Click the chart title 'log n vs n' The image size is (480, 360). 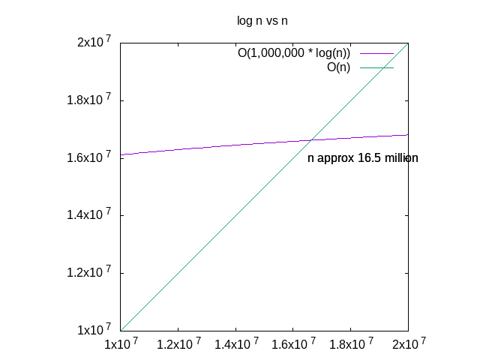point(262,21)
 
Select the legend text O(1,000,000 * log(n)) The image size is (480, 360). point(294,54)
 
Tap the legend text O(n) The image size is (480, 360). point(338,68)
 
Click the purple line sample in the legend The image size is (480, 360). point(377,54)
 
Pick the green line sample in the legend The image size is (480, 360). point(377,68)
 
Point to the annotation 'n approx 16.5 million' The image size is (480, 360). point(362,158)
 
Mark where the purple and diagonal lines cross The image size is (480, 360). point(311,140)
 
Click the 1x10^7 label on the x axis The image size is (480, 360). point(121,344)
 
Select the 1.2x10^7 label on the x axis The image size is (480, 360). point(178,344)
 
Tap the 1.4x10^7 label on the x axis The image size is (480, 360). point(235,344)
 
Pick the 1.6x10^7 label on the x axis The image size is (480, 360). point(293,344)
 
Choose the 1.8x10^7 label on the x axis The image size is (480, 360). point(350,344)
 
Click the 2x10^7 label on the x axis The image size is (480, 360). point(408,344)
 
